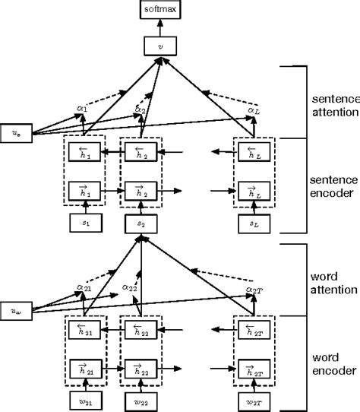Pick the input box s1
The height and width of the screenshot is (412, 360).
click(x=84, y=225)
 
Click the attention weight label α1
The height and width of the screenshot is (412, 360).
click(x=82, y=108)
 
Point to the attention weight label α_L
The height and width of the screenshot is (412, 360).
click(x=253, y=112)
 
